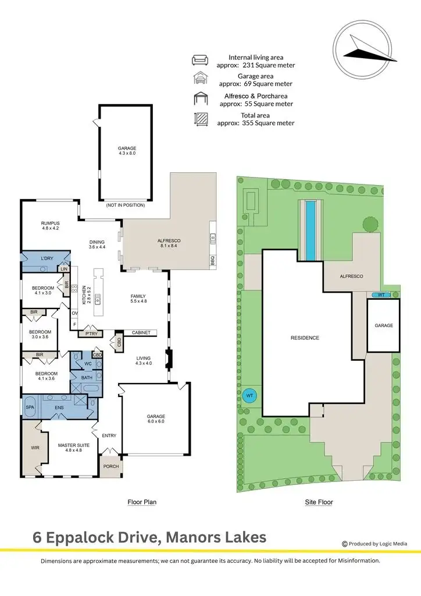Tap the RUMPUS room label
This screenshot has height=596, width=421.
(50, 223)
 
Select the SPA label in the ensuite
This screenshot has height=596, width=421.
(30, 408)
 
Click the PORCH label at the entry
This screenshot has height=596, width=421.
(110, 467)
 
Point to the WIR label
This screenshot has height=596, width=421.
(34, 448)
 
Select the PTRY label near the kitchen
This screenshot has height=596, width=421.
(91, 334)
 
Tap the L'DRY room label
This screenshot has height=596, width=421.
(47, 258)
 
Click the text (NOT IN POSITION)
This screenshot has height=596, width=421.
(125, 205)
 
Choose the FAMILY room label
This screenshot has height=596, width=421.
(138, 296)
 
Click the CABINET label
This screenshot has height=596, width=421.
(140, 332)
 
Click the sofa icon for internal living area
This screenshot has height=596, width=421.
(200, 60)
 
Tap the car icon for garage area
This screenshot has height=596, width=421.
(200, 80)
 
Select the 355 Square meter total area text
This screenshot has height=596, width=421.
(265, 123)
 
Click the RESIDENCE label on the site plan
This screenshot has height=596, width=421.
(305, 338)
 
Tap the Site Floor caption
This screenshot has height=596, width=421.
(319, 502)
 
